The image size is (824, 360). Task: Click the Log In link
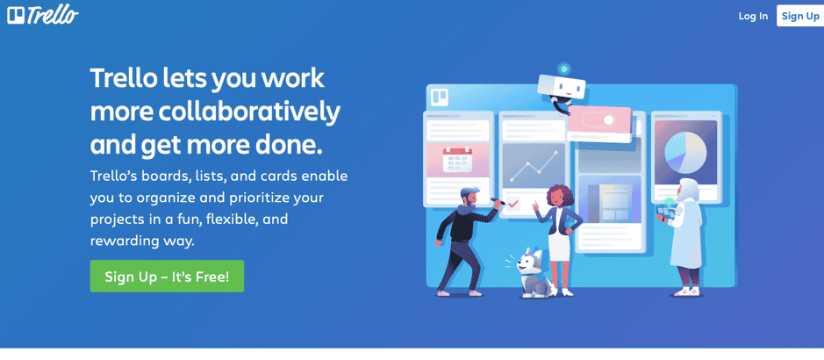click(753, 16)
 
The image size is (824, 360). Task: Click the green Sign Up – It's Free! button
click(167, 276)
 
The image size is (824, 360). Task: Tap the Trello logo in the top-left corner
click(43, 15)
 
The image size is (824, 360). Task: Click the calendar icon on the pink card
click(458, 160)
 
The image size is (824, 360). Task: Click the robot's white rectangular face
click(562, 87)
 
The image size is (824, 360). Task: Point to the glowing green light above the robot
click(564, 68)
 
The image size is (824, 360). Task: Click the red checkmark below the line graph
click(512, 203)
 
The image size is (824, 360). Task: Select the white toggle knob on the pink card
click(608, 119)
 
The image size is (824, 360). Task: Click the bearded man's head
click(470, 198)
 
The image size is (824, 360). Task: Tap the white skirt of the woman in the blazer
click(560, 246)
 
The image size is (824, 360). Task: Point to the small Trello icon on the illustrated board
click(440, 98)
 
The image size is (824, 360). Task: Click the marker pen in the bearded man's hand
click(498, 201)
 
